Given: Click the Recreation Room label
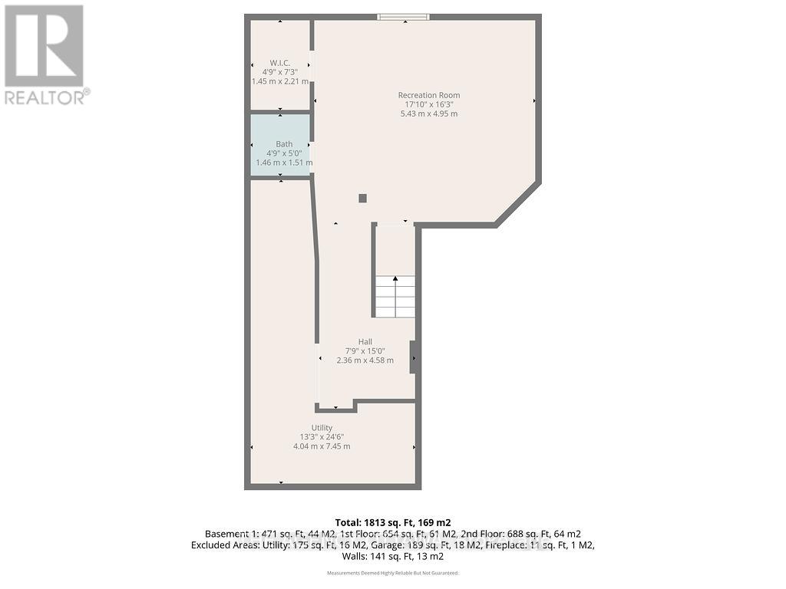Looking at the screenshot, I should pos(429,95).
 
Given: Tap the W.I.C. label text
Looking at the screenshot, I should pos(279,62).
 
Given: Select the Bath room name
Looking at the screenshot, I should pos(284,143).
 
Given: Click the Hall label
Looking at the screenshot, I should pos(365,342).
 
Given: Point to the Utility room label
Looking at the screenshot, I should pos(322,428).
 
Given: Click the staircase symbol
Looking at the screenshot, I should pos(395,296).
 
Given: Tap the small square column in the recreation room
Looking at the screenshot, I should pos(363,199).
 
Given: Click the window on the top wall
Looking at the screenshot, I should pos(403,17).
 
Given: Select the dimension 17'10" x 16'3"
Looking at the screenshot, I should pos(429,104).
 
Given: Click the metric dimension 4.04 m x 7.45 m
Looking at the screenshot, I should pos(322,446).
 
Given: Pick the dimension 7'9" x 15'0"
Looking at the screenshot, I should pos(365,351).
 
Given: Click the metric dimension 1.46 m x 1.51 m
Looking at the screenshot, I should pos(284,163).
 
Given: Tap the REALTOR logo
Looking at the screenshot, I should pos(46,54).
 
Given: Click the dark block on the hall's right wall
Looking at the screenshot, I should pos(413,357).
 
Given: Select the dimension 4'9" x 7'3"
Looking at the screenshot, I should pos(279,71).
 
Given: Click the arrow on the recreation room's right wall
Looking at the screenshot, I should pos(534,100).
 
